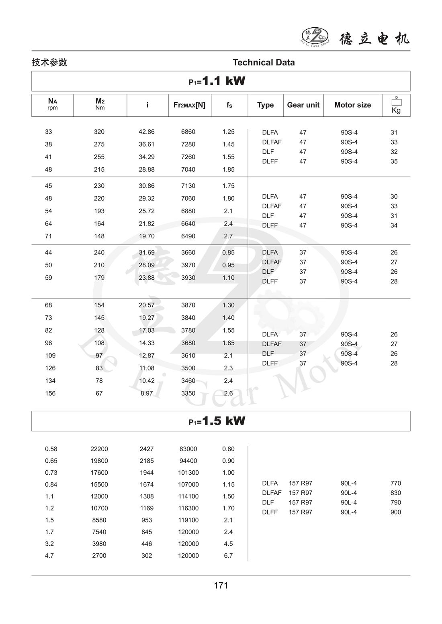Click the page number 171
(x=221, y=585)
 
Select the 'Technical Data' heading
(x=264, y=63)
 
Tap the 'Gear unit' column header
(x=303, y=105)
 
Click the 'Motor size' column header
(x=352, y=105)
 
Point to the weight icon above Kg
(x=396, y=101)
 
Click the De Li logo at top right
(x=315, y=37)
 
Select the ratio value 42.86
(x=147, y=132)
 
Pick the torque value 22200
(x=99, y=449)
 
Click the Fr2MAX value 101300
(x=188, y=473)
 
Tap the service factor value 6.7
(x=228, y=556)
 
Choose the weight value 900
(x=395, y=512)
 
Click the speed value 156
(x=50, y=393)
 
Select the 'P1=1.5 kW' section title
(x=217, y=421)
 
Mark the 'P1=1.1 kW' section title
(x=217, y=81)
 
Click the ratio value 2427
(x=147, y=449)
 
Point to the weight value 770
(x=395, y=483)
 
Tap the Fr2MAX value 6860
(x=188, y=132)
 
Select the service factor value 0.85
(x=228, y=252)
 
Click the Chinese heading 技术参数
(x=49, y=63)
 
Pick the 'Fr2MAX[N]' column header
(x=189, y=105)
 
